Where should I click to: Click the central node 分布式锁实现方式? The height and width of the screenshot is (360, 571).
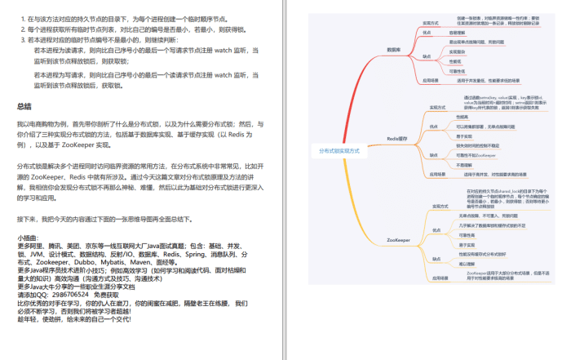[339, 151]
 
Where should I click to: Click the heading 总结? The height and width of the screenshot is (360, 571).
[24, 106]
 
